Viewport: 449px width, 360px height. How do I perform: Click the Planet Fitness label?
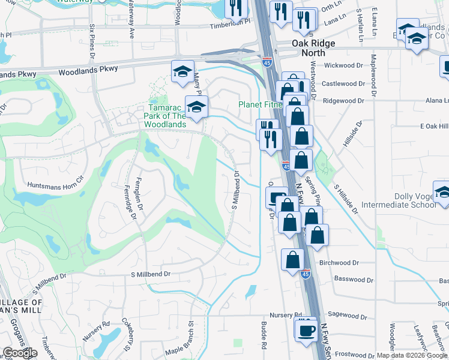tap(259, 104)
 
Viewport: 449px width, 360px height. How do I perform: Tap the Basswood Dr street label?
tap(354, 279)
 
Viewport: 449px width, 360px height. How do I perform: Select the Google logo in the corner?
tap(20, 353)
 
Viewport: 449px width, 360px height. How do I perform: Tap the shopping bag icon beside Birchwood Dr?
tap(293, 261)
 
